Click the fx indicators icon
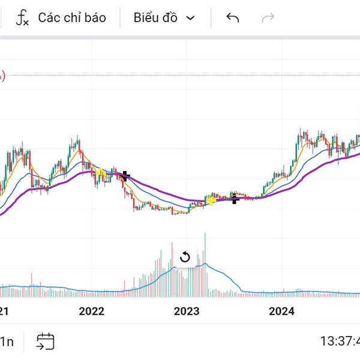(22, 17)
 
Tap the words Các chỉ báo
(71, 17)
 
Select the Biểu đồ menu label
(155, 17)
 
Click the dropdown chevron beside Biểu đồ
(191, 17)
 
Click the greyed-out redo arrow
(268, 17)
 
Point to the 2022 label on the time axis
(92, 311)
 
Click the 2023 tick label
(186, 311)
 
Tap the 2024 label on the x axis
(281, 311)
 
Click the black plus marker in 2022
(125, 176)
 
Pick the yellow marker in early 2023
(211, 200)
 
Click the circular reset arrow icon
(185, 257)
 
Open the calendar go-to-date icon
(45, 342)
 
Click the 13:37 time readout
(339, 341)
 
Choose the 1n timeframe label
(7, 342)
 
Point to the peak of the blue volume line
(205, 264)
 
